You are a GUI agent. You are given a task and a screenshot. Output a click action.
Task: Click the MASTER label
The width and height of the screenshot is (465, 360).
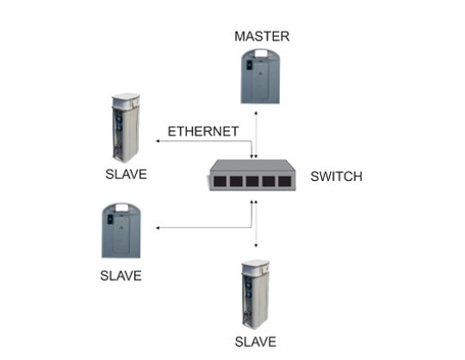pyautogui.click(x=262, y=36)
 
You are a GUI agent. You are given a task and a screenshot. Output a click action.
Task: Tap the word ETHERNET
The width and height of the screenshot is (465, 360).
pyautogui.click(x=203, y=132)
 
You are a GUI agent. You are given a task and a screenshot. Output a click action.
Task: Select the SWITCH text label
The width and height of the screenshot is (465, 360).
pyautogui.click(x=337, y=177)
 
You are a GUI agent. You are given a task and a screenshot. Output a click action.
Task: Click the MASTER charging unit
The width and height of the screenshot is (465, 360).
pyautogui.click(x=260, y=77)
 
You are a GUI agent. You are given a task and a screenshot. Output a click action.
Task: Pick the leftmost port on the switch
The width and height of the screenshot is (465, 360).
pyautogui.click(x=220, y=181)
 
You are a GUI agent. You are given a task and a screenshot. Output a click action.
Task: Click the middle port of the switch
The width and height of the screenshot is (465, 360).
pyautogui.click(x=252, y=181)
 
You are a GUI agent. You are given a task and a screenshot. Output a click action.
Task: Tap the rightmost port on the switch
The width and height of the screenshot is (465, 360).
pyautogui.click(x=284, y=181)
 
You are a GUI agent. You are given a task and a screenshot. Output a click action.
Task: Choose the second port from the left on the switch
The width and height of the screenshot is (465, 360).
pyautogui.click(x=236, y=181)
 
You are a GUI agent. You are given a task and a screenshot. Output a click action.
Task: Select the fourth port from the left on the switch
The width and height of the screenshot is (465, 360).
pyautogui.click(x=269, y=181)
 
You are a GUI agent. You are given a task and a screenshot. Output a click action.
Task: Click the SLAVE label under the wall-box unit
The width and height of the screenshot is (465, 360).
pyautogui.click(x=121, y=276)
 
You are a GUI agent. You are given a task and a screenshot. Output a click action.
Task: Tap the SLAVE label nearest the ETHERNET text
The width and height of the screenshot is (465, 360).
pyautogui.click(x=126, y=174)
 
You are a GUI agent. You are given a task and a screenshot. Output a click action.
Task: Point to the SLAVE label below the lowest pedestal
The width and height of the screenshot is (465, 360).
pyautogui.click(x=256, y=342)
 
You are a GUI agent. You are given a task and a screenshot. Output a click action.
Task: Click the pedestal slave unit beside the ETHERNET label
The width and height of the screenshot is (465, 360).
pyautogui.click(x=126, y=127)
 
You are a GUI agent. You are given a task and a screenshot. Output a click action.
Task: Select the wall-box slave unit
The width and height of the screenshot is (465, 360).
pyautogui.click(x=121, y=231)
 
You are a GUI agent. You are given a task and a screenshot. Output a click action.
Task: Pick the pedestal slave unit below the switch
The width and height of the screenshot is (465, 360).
pyautogui.click(x=256, y=295)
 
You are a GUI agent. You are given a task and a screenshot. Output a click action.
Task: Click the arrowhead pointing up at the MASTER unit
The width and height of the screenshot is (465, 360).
pyautogui.click(x=256, y=113)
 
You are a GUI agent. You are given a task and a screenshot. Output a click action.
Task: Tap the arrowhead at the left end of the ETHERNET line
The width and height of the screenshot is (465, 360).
pyautogui.click(x=158, y=141)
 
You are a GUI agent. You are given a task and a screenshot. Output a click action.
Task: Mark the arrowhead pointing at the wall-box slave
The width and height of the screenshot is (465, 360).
pyautogui.click(x=158, y=227)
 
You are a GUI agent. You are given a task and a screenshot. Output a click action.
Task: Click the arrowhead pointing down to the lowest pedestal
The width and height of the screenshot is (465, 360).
pyautogui.click(x=256, y=245)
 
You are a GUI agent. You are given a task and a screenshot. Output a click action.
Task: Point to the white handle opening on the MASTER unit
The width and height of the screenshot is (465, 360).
pyautogui.click(x=260, y=53)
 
